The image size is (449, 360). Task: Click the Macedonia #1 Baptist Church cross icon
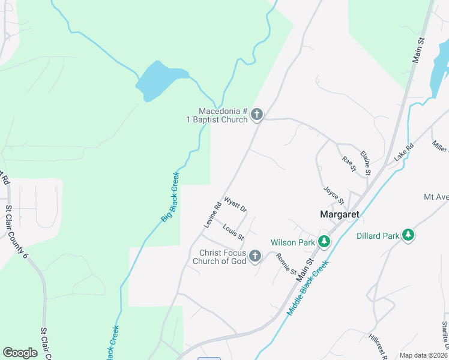[x=257, y=114]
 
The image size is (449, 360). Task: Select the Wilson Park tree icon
[x=324, y=242]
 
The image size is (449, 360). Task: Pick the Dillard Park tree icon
[x=408, y=235]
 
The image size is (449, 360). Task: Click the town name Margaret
[x=340, y=214]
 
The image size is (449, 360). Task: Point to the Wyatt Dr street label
[x=235, y=204]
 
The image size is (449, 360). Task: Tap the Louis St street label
[x=233, y=232]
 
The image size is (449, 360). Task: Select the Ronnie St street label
[x=286, y=263]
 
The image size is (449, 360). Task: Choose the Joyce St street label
[x=333, y=196]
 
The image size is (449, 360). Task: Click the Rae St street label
[x=348, y=164]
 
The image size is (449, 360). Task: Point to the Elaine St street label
[x=365, y=163]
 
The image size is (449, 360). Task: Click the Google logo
[x=20, y=353]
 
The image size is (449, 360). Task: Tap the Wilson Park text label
[x=293, y=242]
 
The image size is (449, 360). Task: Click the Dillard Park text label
[x=378, y=236]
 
